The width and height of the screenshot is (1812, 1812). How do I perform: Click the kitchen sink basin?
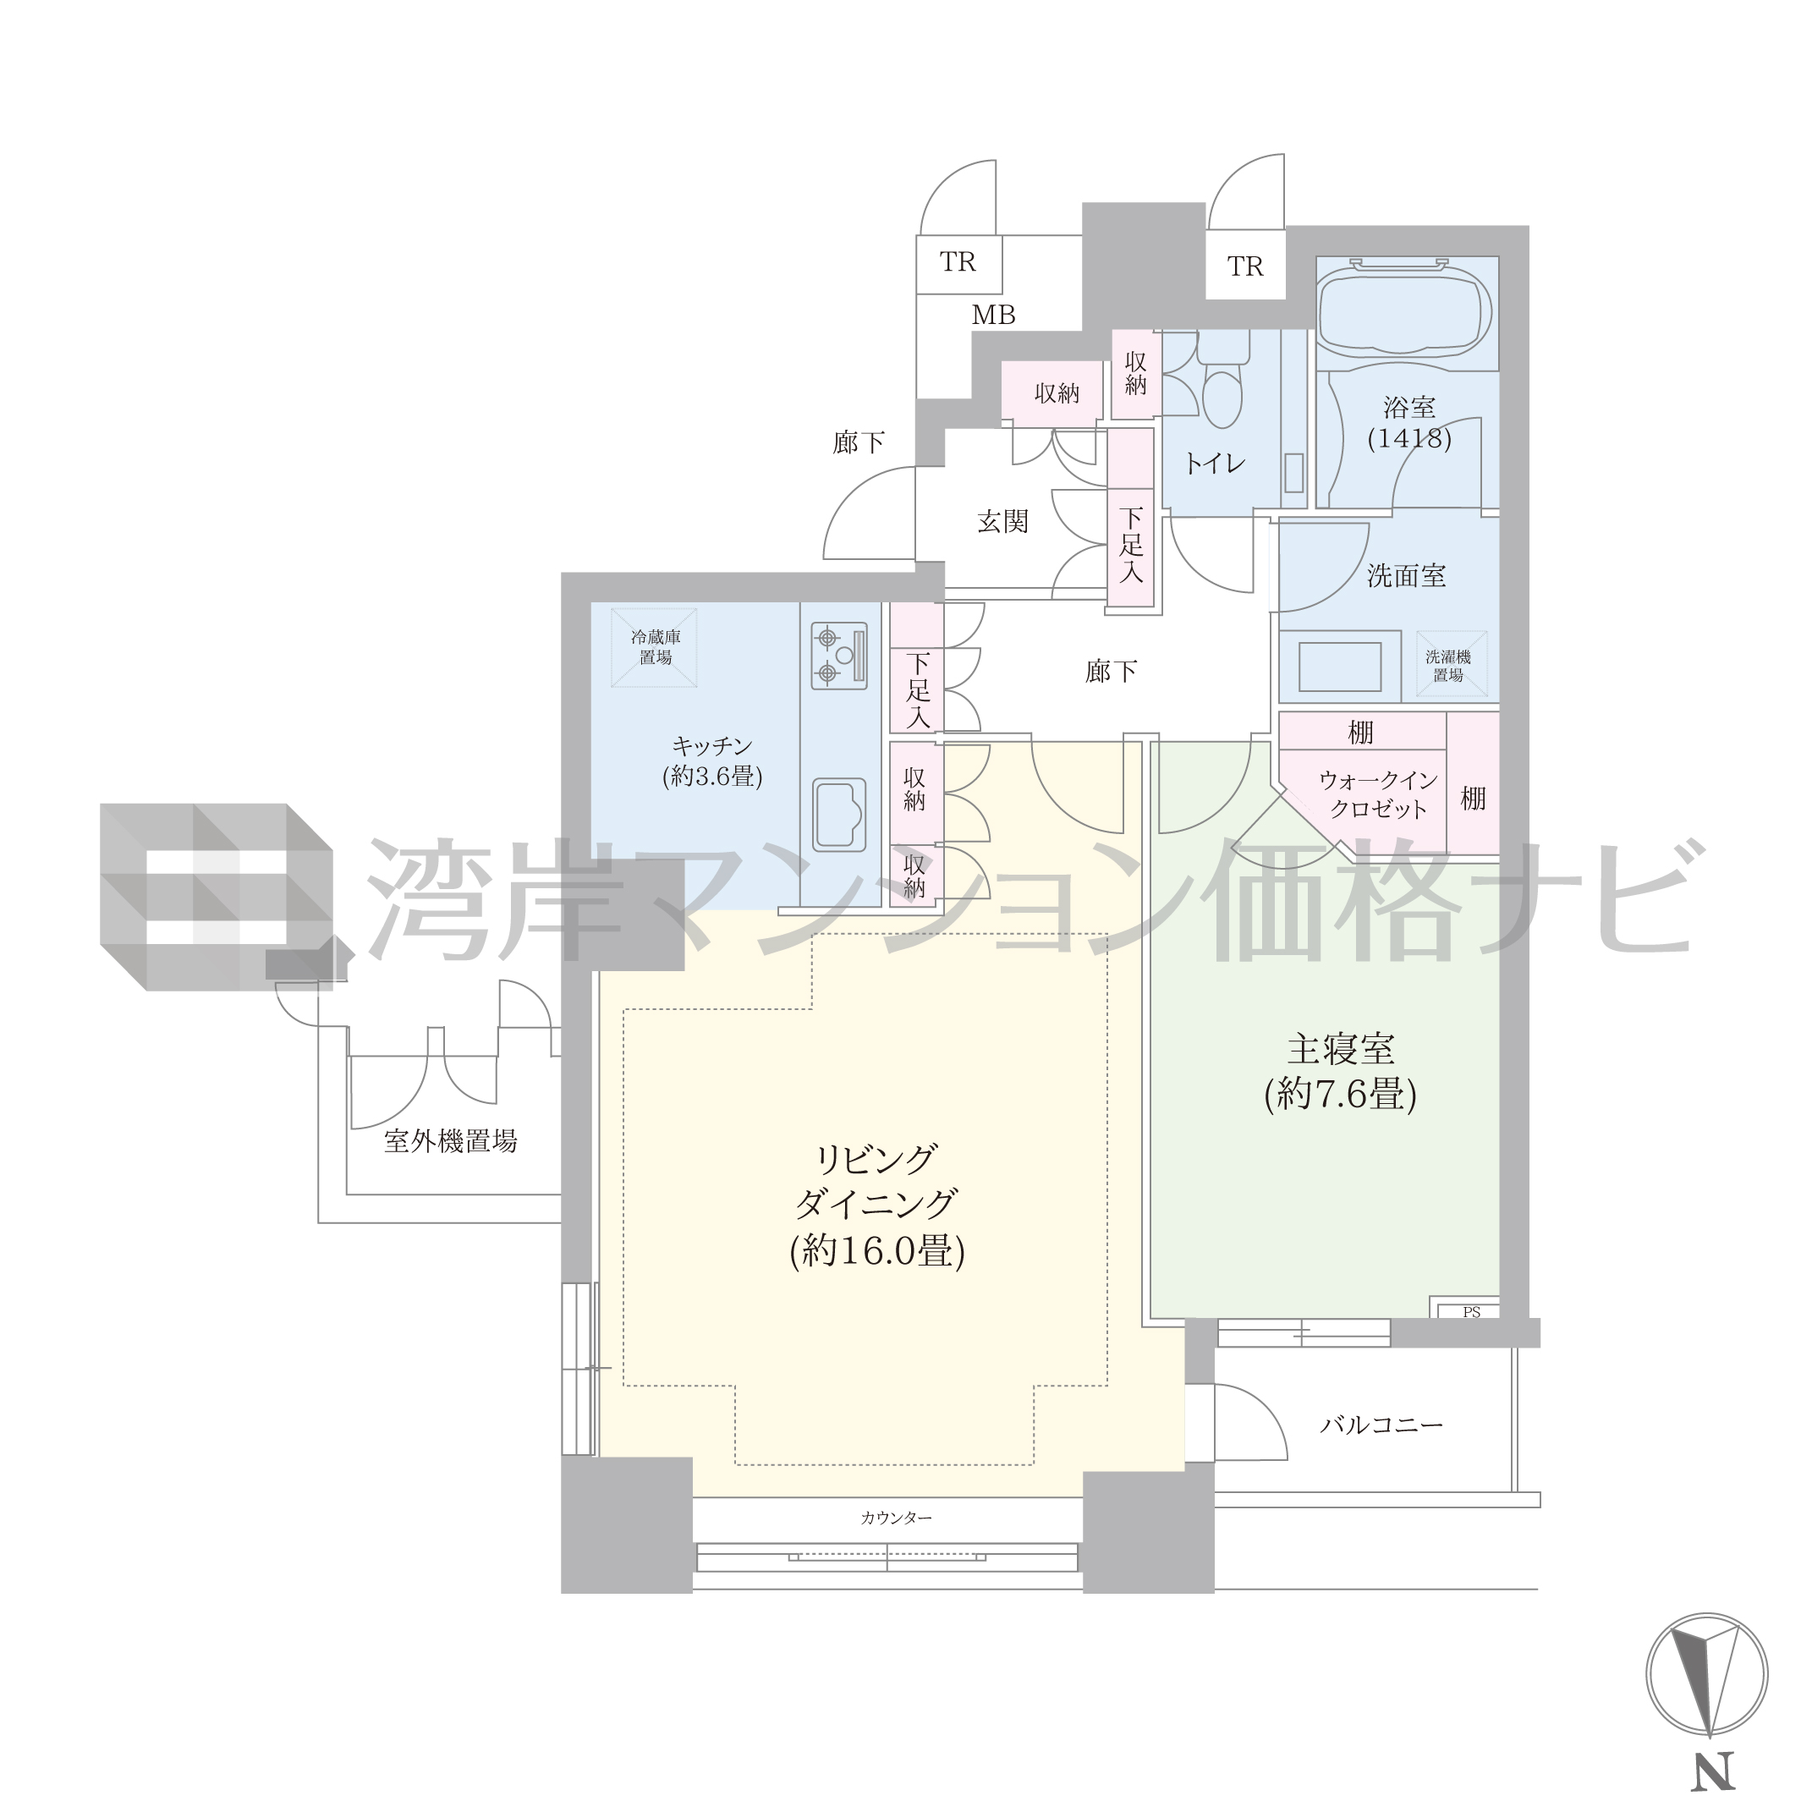[x=838, y=814]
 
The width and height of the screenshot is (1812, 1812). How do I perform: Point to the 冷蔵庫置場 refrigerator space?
[x=655, y=647]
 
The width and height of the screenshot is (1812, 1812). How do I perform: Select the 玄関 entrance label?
[x=1002, y=521]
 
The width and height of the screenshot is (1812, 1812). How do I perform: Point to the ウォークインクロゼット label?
[x=1378, y=794]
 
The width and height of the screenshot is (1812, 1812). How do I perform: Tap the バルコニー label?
[x=1381, y=1425]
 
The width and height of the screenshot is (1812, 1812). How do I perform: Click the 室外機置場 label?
[x=450, y=1140]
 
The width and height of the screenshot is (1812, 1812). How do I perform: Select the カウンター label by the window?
[x=896, y=1518]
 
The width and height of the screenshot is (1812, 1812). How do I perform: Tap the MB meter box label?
[x=993, y=316]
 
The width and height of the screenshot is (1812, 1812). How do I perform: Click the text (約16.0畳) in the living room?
[x=877, y=1251]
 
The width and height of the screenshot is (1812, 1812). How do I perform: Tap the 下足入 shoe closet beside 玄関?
[x=1130, y=545]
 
